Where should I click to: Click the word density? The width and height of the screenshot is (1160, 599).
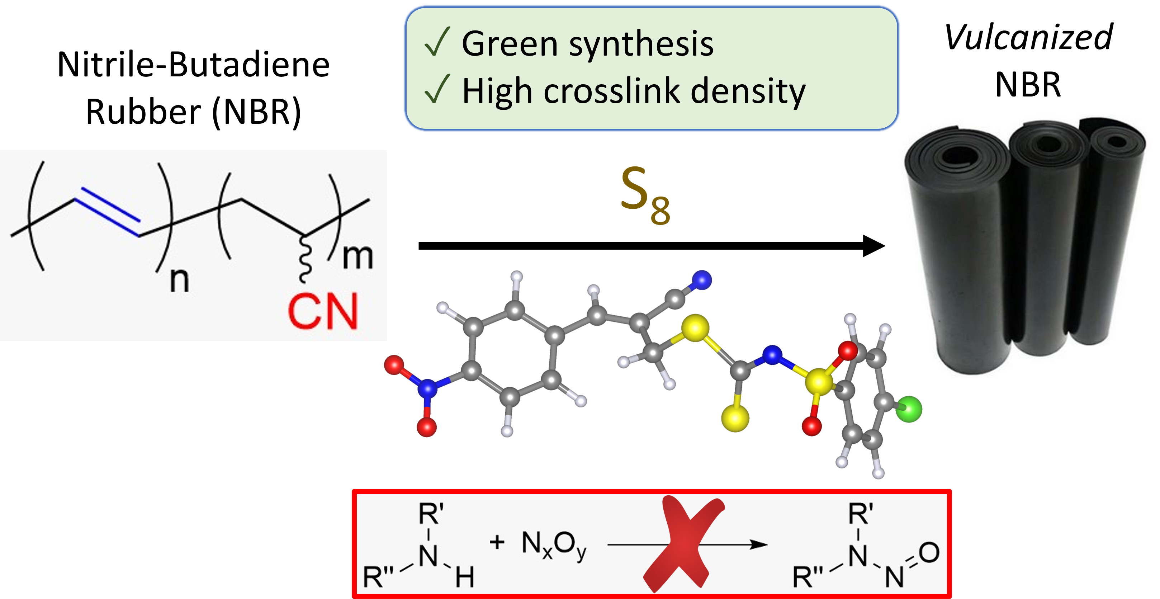[x=748, y=92]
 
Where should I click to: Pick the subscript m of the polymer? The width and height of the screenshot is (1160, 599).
[x=358, y=257]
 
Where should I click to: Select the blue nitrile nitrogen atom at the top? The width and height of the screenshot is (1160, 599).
[x=702, y=280]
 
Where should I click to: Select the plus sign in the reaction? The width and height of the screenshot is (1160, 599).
[x=497, y=542]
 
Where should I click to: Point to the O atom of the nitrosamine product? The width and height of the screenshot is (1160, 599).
[x=929, y=553]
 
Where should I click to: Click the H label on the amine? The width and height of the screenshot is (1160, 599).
[x=464, y=577]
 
